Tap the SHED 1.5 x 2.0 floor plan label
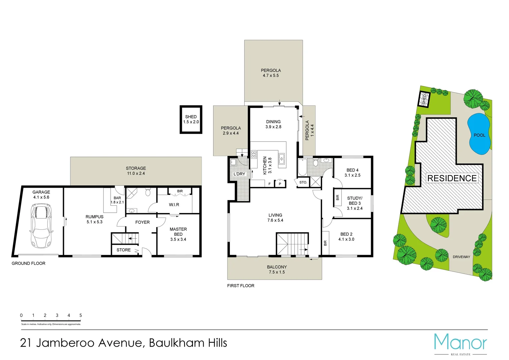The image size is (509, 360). click(191, 119)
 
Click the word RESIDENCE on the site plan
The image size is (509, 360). click(452, 178)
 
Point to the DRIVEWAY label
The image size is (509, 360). click(461, 257)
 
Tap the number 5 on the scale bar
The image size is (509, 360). click(81, 315)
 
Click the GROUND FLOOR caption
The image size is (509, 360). click(29, 263)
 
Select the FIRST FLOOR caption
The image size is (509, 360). click(241, 286)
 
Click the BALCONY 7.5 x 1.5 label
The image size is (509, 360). click(277, 269)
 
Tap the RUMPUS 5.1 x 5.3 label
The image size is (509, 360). click(94, 219)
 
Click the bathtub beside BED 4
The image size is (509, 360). click(302, 167)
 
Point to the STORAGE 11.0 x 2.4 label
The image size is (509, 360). click(136, 171)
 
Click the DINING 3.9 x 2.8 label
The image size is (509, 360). click(273, 124)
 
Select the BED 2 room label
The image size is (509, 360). click(346, 237)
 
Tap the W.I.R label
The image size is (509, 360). click(174, 205)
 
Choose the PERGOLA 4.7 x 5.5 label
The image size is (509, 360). click(271, 73)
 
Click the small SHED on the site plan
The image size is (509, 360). click(424, 99)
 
